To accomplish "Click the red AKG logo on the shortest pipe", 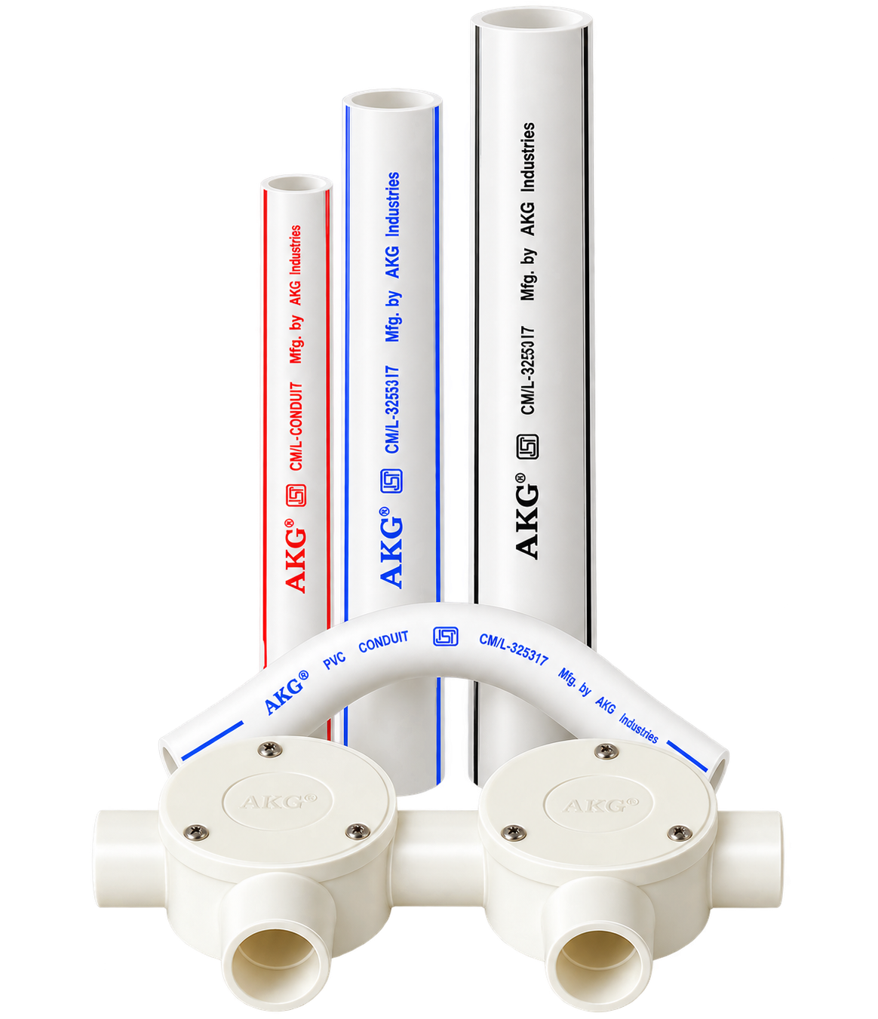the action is pos(296,555).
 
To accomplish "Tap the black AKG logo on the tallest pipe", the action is pos(526,516).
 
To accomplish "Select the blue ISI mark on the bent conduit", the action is pos(445,637).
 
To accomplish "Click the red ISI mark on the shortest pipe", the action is pos(296,496).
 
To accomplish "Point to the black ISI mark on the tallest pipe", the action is pos(527,447).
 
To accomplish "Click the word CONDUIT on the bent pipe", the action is pos(383,642).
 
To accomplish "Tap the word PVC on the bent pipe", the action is pos(334,661).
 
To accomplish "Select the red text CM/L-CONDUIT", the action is pos(295,426).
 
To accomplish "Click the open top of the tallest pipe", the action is pos(531,20).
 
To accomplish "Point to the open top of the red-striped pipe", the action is pos(296,184).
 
